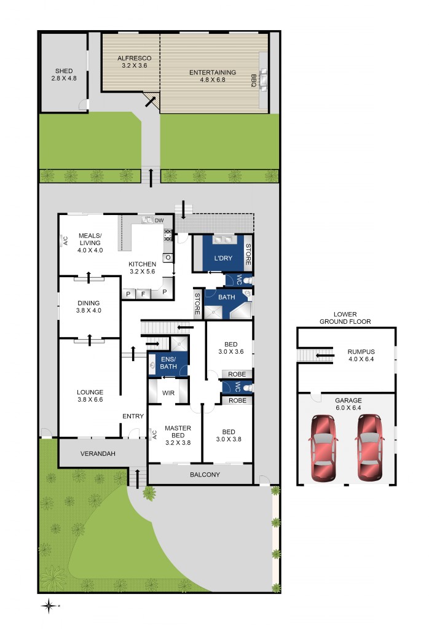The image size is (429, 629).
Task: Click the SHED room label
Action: point(63,71)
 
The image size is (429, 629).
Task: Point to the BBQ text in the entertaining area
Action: point(253,80)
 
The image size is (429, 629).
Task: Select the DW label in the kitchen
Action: point(159,221)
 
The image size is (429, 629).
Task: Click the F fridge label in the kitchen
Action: point(144,294)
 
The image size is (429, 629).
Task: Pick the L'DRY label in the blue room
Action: point(222,259)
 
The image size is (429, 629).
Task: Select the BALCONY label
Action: point(205,474)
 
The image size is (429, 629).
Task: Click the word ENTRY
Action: point(133,416)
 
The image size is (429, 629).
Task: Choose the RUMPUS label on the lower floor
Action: point(361,352)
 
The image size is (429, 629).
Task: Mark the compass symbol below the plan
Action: point(49,606)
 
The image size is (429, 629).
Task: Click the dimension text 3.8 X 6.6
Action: point(90,400)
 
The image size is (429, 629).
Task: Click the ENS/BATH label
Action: point(168,363)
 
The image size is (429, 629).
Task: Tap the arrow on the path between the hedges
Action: point(151,176)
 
